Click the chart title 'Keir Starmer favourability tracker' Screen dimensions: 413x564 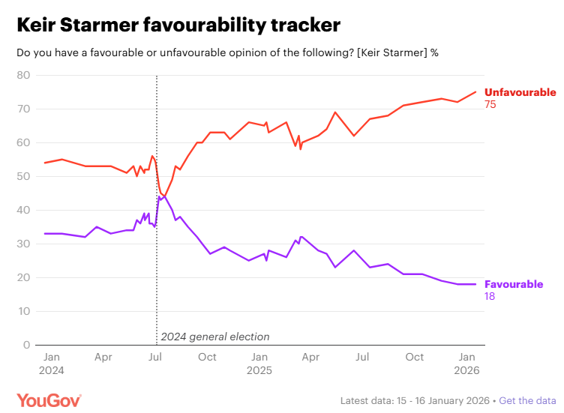pyautogui.click(x=178, y=25)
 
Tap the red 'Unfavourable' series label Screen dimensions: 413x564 pyautogui.click(x=520, y=93)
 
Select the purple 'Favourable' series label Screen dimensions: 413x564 pyautogui.click(x=514, y=285)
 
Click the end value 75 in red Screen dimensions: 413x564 pyautogui.click(x=490, y=105)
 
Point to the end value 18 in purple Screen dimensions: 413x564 pyautogui.click(x=490, y=297)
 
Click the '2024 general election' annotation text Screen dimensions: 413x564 pyautogui.click(x=215, y=337)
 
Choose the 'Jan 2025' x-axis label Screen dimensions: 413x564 pyautogui.click(x=259, y=364)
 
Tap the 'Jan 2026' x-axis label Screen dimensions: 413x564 pyautogui.click(x=467, y=364)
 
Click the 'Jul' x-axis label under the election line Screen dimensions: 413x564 pyautogui.click(x=155, y=358)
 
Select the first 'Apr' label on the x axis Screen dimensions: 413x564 pyautogui.click(x=103, y=358)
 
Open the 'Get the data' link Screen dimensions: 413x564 pyautogui.click(x=527, y=400)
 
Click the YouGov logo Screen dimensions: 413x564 pyautogui.click(x=49, y=400)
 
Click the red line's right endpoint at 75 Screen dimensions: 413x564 pyautogui.click(x=476, y=91)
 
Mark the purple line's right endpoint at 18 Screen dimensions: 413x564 pyautogui.click(x=476, y=284)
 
